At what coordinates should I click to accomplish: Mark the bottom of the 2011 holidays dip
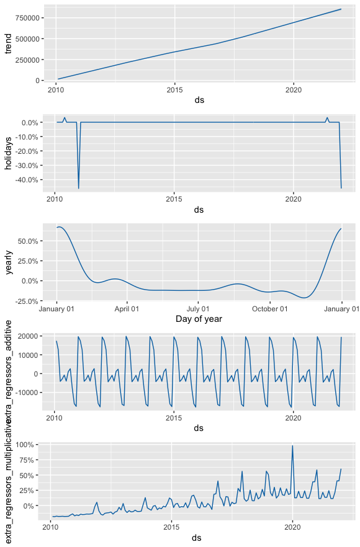click(x=78, y=188)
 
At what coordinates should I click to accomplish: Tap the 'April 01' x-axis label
click(x=127, y=308)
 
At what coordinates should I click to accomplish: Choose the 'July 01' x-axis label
click(x=198, y=308)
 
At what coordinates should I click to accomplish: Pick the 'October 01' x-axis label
click(x=269, y=308)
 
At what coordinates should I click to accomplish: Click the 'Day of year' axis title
click(x=199, y=319)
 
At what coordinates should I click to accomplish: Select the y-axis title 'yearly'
click(x=8, y=263)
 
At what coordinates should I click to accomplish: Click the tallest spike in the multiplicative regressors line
click(x=292, y=446)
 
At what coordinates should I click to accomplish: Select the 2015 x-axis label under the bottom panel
click(x=171, y=528)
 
